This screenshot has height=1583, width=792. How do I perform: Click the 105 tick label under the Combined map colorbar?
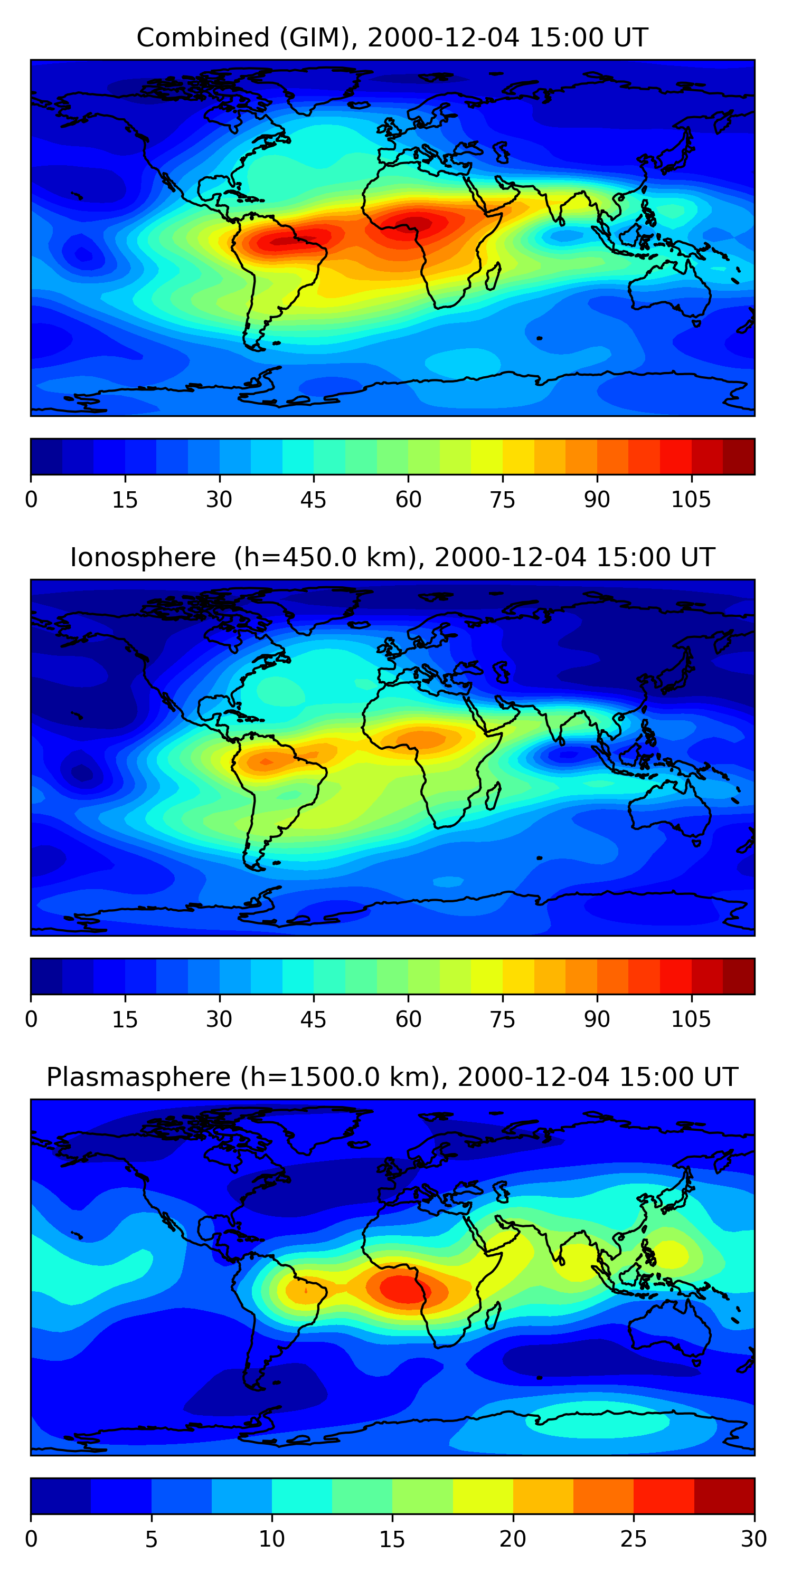click(691, 500)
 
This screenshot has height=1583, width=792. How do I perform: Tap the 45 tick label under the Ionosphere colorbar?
click(313, 1019)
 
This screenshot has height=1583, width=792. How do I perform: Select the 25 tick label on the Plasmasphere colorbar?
click(634, 1539)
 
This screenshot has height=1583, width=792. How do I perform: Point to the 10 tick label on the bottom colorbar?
click(271, 1539)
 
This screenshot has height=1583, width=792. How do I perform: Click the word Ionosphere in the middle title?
click(143, 557)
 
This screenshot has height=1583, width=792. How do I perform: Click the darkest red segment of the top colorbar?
click(739, 456)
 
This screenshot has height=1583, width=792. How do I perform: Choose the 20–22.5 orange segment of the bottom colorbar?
click(543, 1496)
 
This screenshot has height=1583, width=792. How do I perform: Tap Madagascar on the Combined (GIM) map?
click(493, 276)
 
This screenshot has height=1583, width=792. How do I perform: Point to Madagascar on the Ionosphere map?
click(493, 795)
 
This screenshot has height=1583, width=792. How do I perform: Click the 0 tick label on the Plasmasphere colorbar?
click(31, 1539)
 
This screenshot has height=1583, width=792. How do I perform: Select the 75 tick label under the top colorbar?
click(502, 500)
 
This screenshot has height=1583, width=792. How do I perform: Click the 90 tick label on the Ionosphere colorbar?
click(597, 1019)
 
